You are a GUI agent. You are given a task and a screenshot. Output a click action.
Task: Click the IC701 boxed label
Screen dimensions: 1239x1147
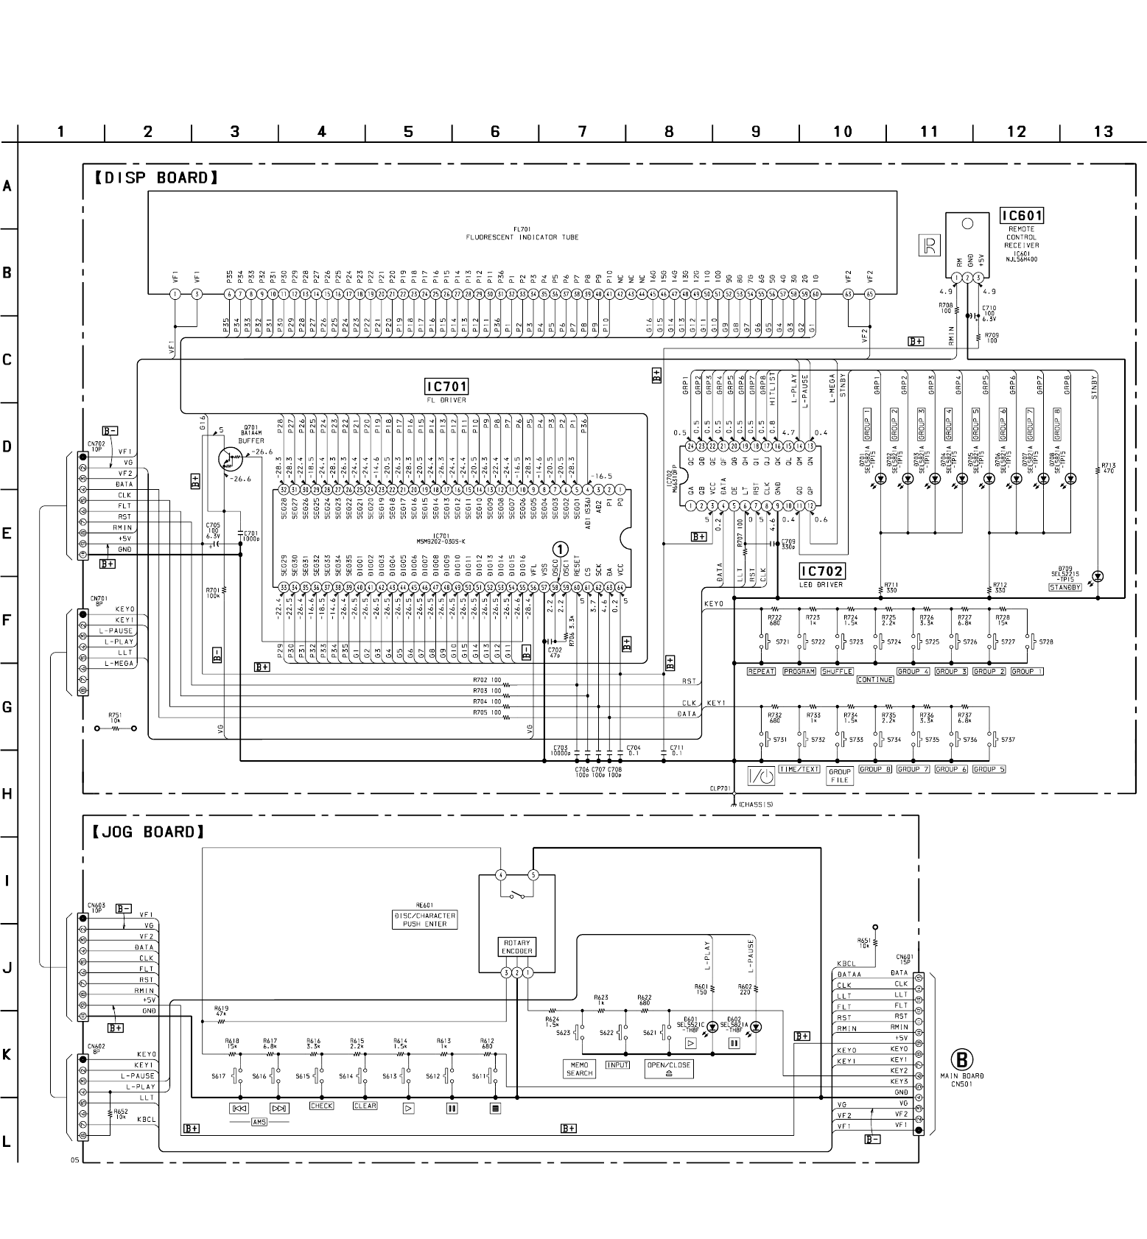446,387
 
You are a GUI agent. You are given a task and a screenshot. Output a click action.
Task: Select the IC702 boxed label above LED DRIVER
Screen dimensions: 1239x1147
821,571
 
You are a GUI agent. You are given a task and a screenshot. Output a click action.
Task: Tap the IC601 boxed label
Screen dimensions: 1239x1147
1021,216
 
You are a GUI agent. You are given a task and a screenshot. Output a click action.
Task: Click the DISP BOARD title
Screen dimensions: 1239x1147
156,178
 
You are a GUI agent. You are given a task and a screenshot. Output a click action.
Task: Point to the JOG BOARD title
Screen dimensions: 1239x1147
148,832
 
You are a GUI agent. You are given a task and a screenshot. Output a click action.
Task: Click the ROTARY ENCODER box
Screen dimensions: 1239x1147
517,947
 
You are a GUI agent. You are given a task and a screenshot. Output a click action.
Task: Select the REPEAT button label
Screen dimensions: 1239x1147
761,671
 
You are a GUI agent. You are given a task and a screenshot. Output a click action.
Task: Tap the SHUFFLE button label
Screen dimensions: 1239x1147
837,671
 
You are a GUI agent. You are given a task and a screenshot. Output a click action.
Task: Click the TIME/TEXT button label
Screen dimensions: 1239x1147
799,769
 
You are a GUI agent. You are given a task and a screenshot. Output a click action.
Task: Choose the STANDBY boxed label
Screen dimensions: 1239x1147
1065,587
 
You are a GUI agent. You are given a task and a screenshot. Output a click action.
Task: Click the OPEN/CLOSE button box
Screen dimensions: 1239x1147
669,1069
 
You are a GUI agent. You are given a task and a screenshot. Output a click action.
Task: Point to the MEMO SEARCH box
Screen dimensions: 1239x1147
580,1069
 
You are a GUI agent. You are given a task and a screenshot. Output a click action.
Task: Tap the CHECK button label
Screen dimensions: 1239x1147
322,1106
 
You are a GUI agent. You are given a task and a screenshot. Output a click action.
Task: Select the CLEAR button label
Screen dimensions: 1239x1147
365,1106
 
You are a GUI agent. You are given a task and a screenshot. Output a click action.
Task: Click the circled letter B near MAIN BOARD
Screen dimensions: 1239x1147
961,1059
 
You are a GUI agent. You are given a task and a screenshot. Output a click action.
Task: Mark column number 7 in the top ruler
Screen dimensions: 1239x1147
582,132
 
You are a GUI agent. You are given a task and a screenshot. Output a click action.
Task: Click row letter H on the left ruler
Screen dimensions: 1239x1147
7,794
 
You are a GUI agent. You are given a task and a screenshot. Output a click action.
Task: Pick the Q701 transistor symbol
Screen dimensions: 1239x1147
230,460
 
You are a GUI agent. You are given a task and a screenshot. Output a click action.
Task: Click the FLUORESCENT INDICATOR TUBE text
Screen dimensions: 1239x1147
522,237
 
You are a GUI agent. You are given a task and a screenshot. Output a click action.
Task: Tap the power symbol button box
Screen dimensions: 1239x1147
761,776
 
